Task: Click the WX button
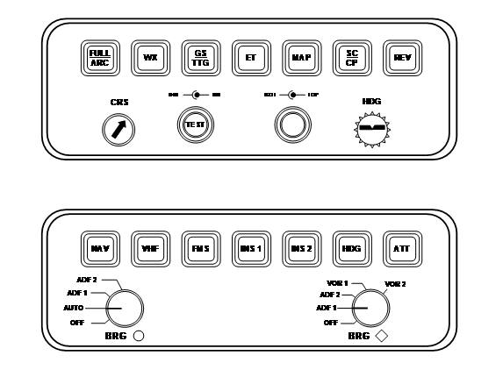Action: [149, 58]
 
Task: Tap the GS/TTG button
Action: [199, 58]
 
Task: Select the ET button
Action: [249, 58]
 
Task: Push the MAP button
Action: [300, 58]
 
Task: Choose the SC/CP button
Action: [351, 58]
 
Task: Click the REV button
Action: [401, 58]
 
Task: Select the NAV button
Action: [98, 249]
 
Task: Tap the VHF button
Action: [149, 249]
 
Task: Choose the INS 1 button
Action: [250, 249]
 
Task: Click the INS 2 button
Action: [300, 249]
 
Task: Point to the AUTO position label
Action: [75, 309]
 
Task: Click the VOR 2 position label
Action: [396, 284]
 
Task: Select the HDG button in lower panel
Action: [351, 249]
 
